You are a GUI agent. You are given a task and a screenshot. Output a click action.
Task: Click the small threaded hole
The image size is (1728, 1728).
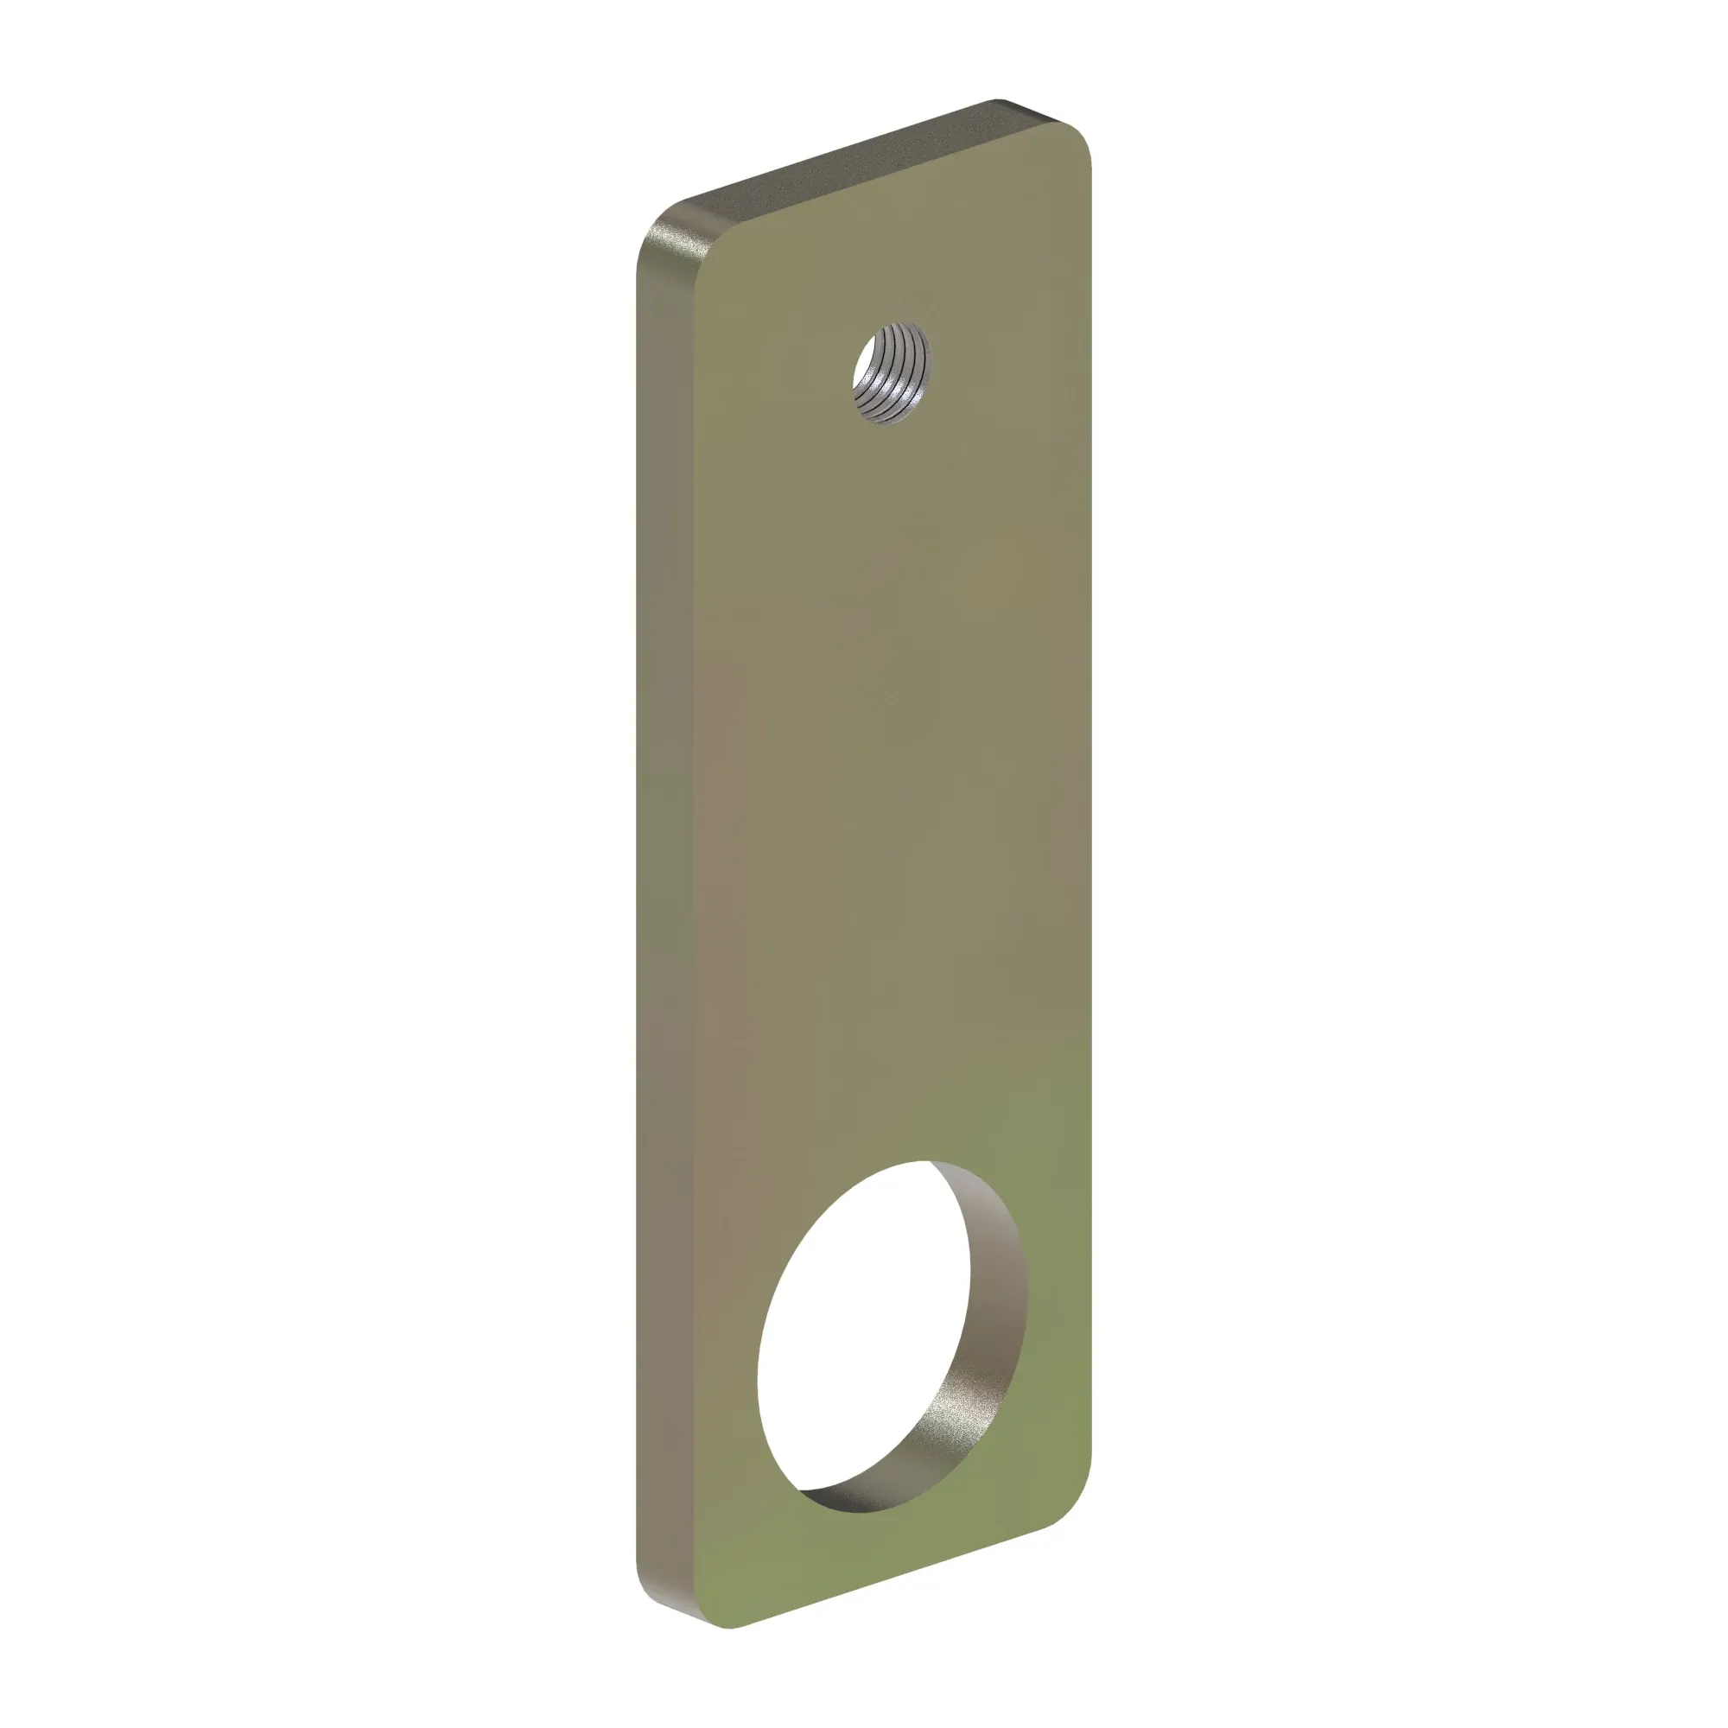coord(892,374)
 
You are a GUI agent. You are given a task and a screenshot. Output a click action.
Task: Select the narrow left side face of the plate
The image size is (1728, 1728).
coord(666,894)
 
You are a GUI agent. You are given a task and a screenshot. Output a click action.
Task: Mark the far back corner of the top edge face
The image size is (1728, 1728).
coord(997,100)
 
